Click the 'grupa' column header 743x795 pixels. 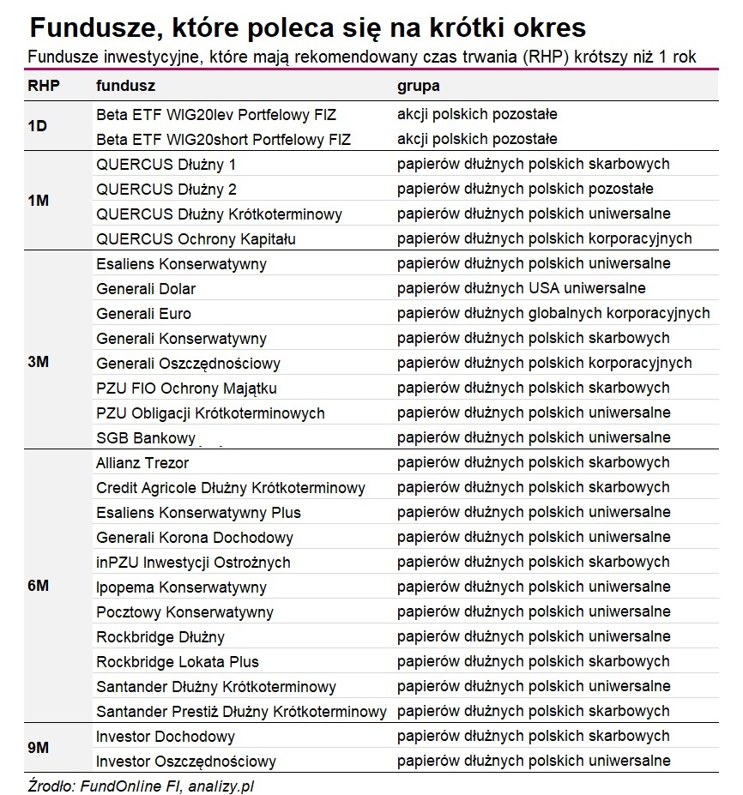[418, 87]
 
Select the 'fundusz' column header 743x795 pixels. [125, 87]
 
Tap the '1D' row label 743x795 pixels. [38, 126]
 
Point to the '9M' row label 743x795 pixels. [39, 749]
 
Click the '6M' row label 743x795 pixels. [39, 587]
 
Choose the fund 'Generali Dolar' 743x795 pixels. [146, 289]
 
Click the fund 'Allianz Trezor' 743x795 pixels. [142, 463]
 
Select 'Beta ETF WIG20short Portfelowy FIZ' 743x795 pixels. [224, 139]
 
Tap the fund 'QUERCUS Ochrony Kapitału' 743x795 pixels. [196, 238]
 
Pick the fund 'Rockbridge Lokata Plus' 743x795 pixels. [178, 662]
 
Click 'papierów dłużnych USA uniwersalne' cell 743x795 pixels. [521, 289]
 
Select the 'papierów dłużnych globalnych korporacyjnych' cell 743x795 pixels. [553, 314]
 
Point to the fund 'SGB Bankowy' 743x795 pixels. [146, 438]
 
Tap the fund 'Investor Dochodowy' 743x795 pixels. [166, 737]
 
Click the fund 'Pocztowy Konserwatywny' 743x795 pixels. [184, 612]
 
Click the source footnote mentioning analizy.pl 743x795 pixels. [141, 785]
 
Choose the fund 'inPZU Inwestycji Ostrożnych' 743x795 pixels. [193, 563]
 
